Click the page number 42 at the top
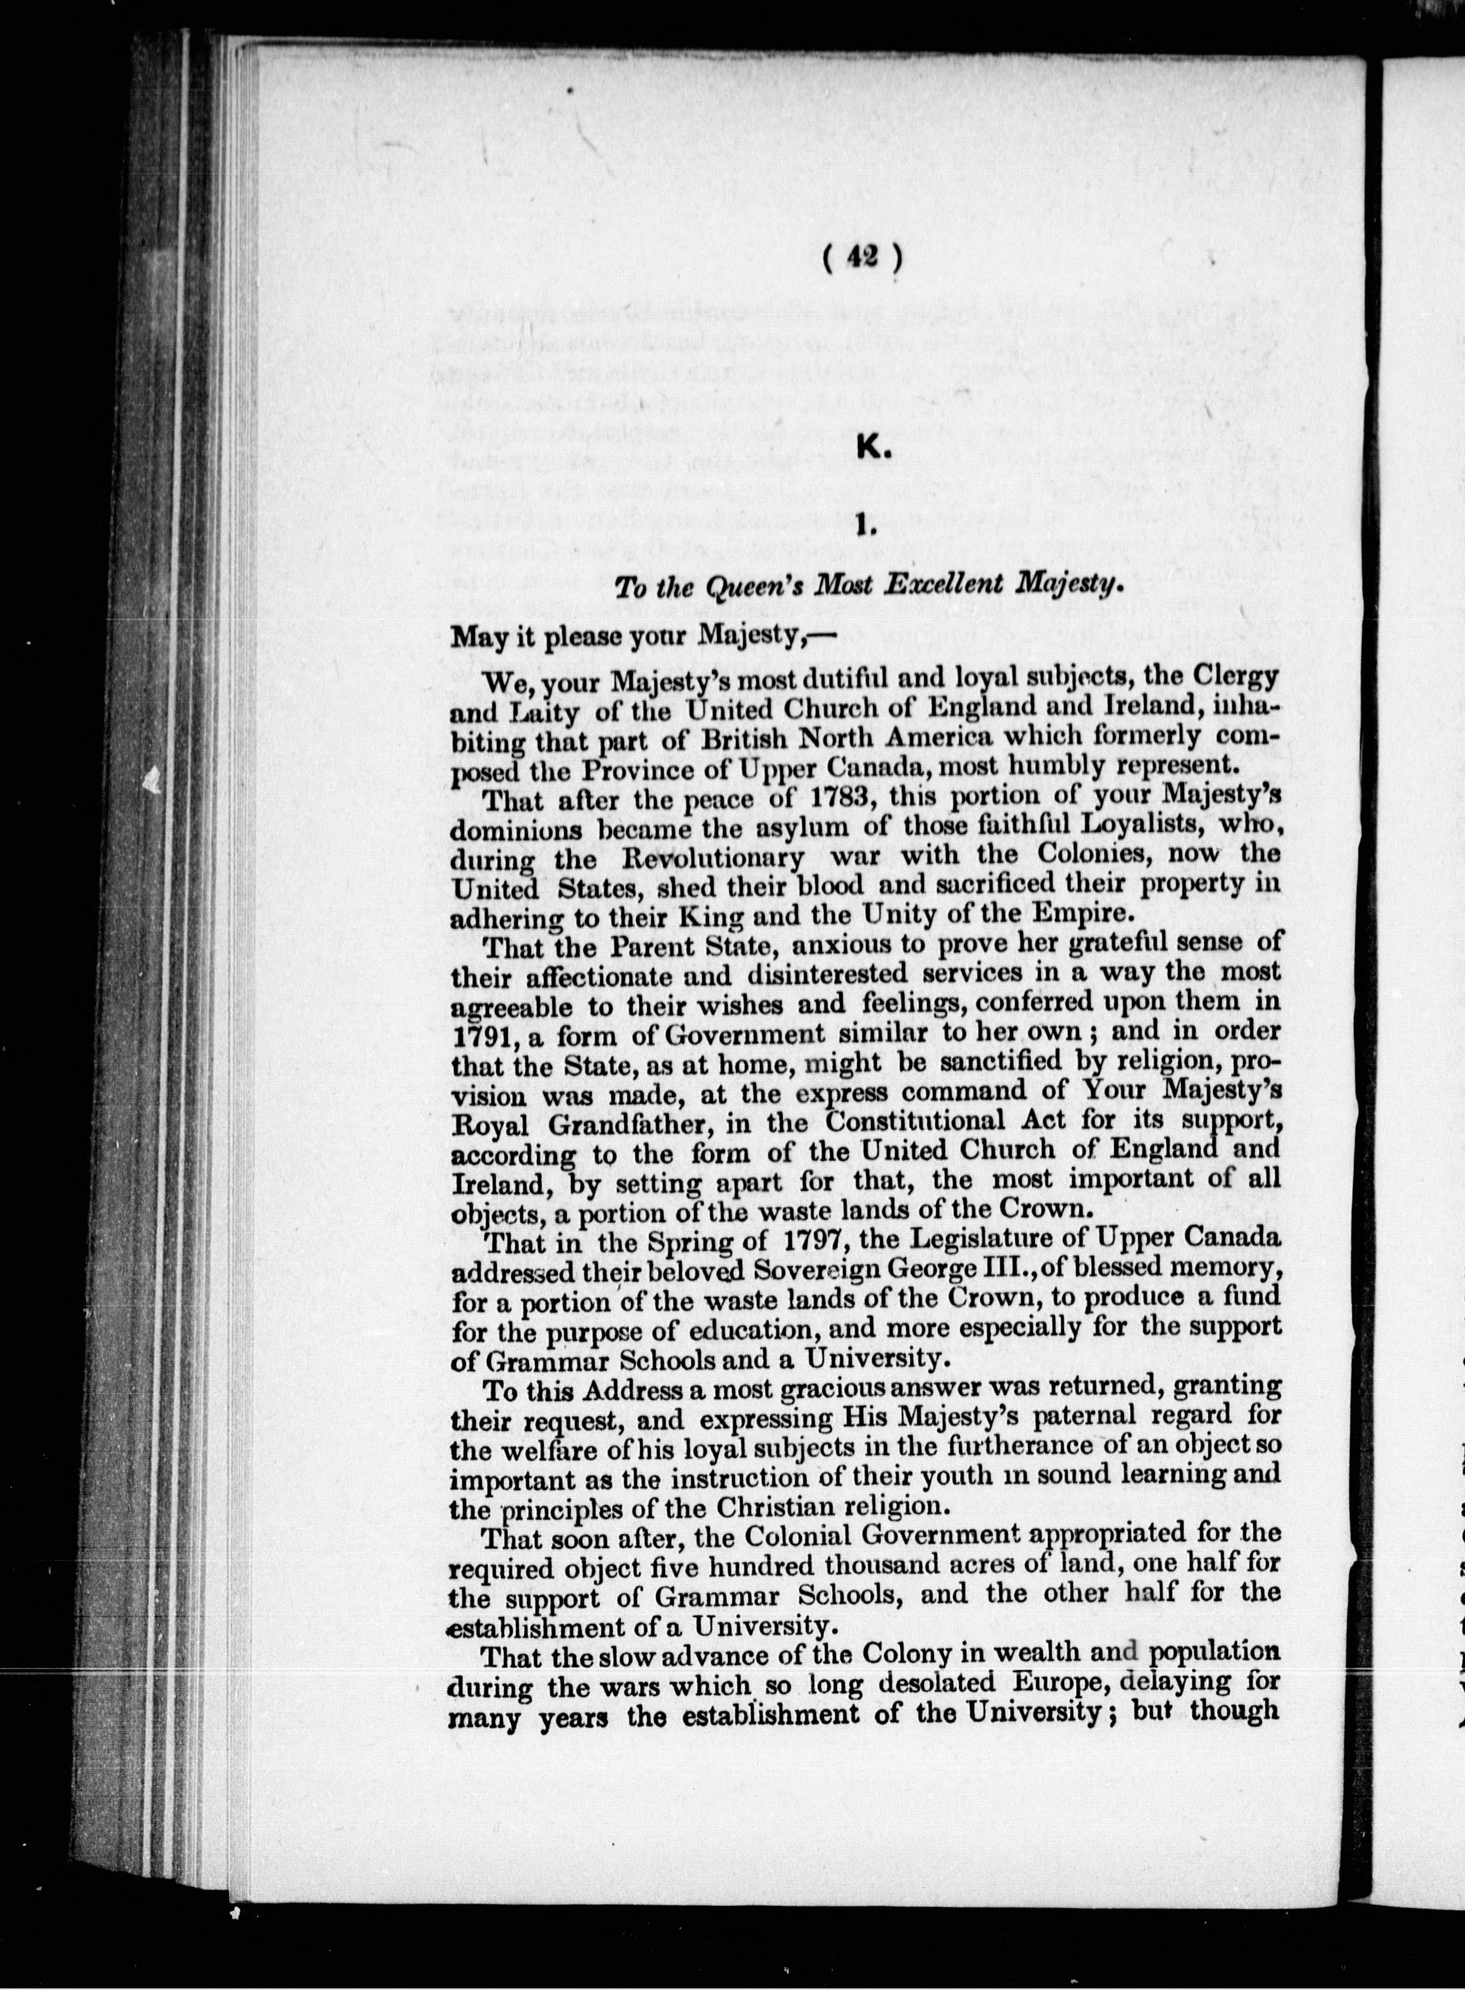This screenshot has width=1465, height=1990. pyautogui.click(x=862, y=257)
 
